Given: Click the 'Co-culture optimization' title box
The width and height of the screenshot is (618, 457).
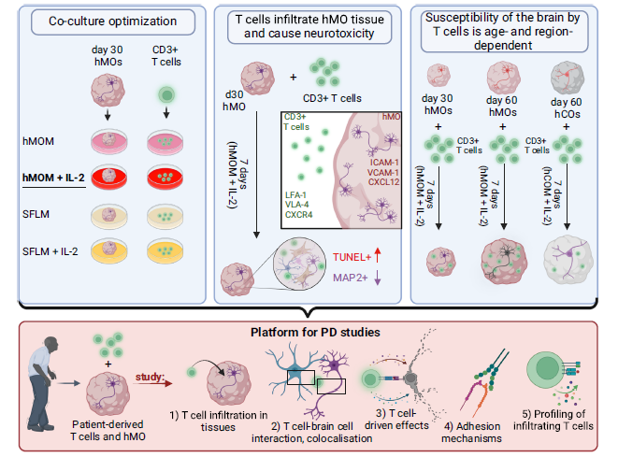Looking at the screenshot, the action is click(113, 22).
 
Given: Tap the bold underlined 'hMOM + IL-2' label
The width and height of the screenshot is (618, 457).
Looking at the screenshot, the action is click(53, 178).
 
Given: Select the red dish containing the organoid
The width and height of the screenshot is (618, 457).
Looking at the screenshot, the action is click(109, 177).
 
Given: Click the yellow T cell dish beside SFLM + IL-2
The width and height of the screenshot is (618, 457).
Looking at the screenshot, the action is click(165, 251).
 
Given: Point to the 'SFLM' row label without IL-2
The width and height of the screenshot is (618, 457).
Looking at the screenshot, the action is click(36, 214).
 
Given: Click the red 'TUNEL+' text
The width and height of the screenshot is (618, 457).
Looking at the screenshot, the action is click(352, 257).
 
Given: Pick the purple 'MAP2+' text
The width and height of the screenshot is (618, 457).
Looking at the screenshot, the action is click(351, 278).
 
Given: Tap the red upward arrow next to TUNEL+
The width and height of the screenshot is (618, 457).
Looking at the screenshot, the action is click(378, 255).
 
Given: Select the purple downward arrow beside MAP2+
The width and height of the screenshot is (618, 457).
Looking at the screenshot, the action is click(378, 278).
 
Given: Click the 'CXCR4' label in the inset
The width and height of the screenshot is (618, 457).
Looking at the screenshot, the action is click(299, 215).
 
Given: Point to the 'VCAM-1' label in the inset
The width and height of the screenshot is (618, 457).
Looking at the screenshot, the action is click(383, 173).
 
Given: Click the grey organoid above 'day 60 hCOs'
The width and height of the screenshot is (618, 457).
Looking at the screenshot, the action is click(568, 78).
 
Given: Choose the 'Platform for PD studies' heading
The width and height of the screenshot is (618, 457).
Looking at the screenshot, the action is click(315, 332).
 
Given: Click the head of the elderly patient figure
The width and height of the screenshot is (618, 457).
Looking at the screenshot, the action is click(51, 345).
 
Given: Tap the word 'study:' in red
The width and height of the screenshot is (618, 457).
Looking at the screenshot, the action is click(150, 377).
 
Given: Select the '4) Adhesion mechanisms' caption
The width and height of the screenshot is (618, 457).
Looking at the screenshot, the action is click(472, 432).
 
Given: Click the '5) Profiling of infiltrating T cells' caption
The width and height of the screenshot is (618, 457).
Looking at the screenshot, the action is click(553, 420).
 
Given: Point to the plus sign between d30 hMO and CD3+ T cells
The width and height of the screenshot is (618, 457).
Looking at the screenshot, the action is click(294, 78).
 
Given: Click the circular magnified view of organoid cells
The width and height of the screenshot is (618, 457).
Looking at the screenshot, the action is click(299, 264).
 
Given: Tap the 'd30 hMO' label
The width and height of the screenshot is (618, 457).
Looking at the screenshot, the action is click(234, 100).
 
